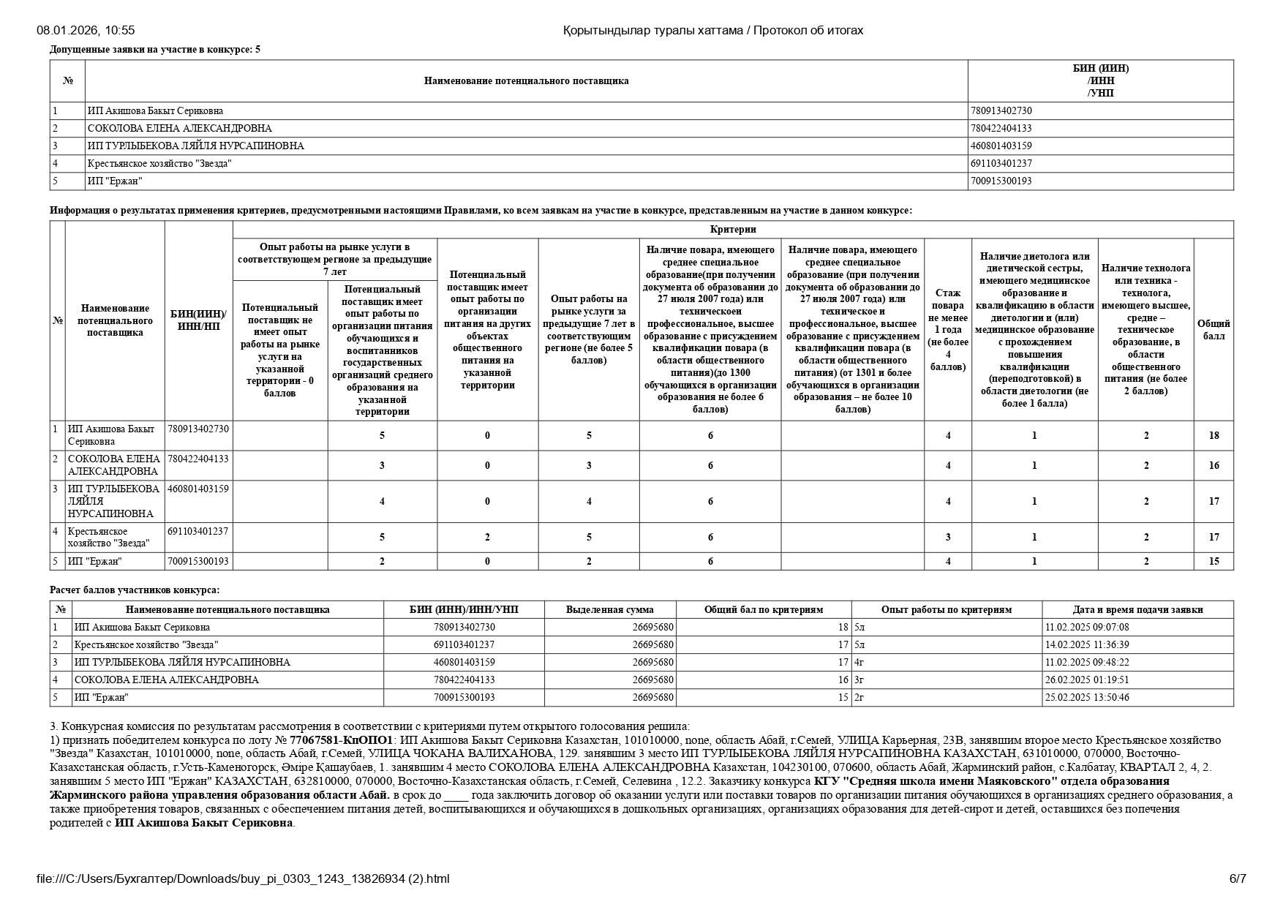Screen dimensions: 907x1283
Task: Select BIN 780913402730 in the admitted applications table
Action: click(x=1001, y=111)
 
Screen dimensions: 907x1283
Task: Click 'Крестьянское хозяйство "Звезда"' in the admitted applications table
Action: click(x=159, y=164)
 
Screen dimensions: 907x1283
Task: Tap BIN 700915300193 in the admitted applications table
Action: click(x=1001, y=181)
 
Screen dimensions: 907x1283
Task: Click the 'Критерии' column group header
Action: click(x=732, y=230)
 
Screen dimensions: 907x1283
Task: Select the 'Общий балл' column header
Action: click(x=1214, y=330)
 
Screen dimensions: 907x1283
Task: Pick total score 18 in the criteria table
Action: click(x=1214, y=436)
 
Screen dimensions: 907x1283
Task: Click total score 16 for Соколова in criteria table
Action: click(x=1214, y=466)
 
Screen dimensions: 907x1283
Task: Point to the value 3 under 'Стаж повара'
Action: click(x=948, y=538)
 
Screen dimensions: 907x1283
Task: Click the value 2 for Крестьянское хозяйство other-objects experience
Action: click(x=488, y=538)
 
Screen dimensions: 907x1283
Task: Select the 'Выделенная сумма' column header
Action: click(x=609, y=610)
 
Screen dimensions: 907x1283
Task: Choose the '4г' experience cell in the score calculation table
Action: click(x=859, y=663)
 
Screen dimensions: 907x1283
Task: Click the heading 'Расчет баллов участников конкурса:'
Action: click(x=135, y=590)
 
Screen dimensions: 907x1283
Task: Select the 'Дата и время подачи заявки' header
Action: click(x=1137, y=610)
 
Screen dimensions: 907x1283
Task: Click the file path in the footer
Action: click(x=243, y=879)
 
